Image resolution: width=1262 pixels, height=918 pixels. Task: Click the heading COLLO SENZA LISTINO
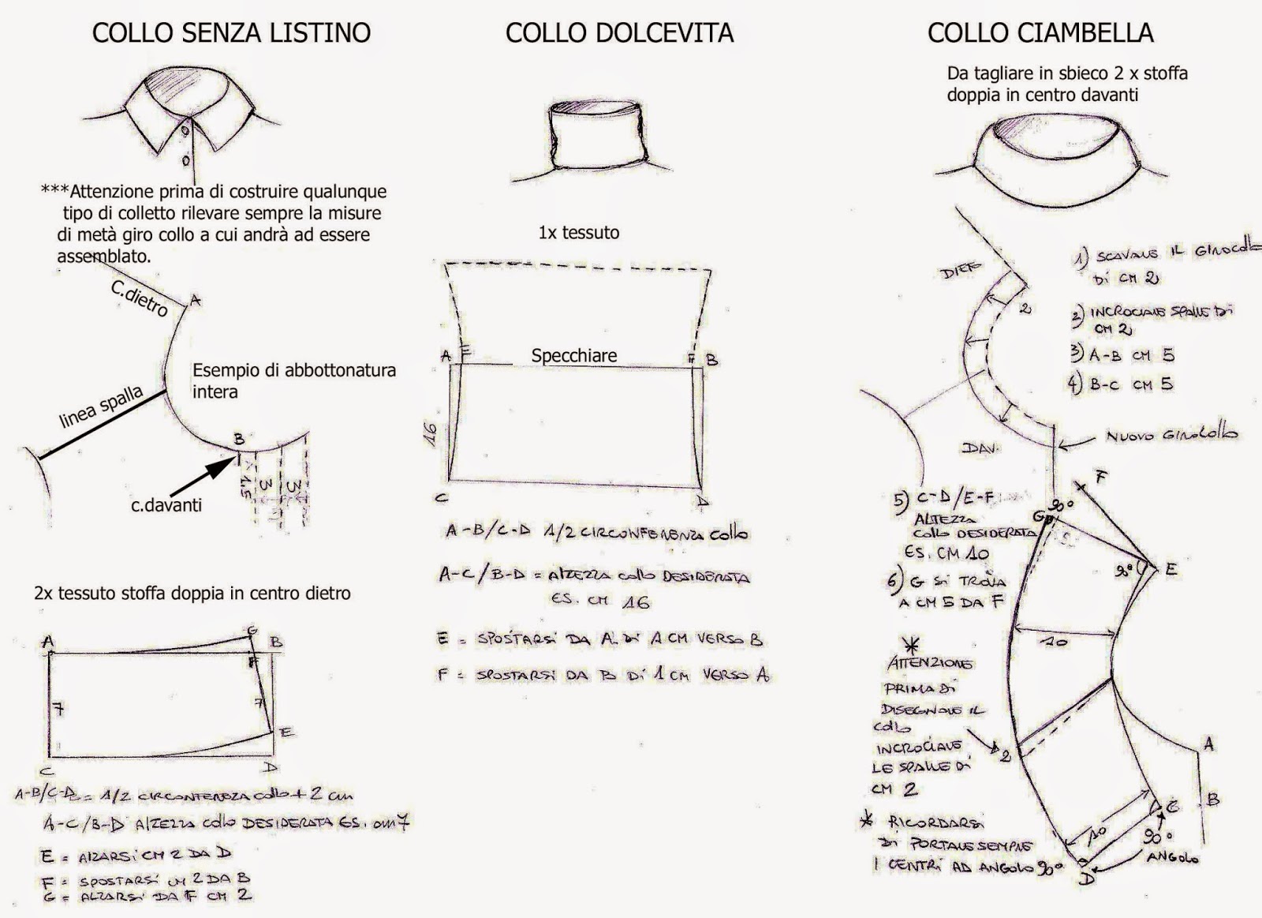[x=231, y=32]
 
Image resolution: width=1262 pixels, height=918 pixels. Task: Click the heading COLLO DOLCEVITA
[x=619, y=32]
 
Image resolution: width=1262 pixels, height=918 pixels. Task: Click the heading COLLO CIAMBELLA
[x=1040, y=32]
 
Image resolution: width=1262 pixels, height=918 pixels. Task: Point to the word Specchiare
[x=573, y=355]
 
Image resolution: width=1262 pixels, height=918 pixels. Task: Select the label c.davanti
[x=166, y=504]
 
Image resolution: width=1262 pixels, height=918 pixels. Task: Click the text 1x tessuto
[x=578, y=233]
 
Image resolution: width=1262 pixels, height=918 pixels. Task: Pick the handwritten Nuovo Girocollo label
[x=1171, y=434]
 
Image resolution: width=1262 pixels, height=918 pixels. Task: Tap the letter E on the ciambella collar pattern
[x=1171, y=569]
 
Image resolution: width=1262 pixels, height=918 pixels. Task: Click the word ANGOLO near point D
[x=1172, y=858]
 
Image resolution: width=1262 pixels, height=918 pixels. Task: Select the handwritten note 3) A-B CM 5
[x=1122, y=355]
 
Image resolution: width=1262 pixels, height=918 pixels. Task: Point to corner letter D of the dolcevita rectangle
[x=702, y=501]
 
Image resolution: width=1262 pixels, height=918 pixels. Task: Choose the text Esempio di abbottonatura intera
[x=293, y=380]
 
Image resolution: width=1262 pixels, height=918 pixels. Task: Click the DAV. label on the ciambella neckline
[x=980, y=448]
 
